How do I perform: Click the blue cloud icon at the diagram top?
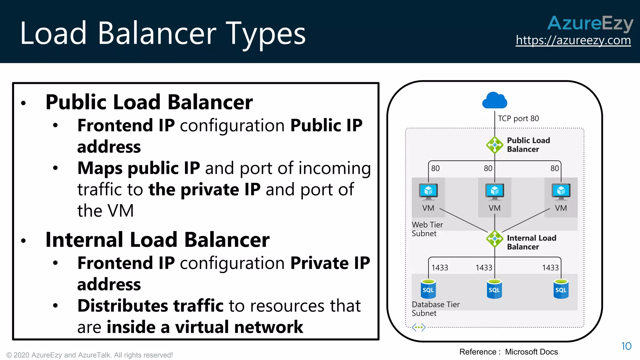(x=494, y=101)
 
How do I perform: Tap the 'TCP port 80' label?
(x=518, y=118)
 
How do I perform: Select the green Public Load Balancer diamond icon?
(x=494, y=145)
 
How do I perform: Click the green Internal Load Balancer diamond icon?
(x=494, y=239)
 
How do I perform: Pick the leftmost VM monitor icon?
(x=428, y=192)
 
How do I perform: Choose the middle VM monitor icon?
(x=494, y=192)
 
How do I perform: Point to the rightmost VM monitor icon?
(x=561, y=192)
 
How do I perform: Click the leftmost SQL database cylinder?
(x=428, y=289)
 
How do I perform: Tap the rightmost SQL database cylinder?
(x=561, y=289)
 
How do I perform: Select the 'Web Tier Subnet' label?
(x=427, y=229)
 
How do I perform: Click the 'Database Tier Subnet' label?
(x=435, y=309)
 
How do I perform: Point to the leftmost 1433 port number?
(x=439, y=268)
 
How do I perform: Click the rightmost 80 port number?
(x=554, y=168)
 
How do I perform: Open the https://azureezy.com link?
(x=573, y=40)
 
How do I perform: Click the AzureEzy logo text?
(x=590, y=23)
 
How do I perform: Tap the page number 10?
(x=626, y=346)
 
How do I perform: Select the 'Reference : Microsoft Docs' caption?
(x=508, y=352)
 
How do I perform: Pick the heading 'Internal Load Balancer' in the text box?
(x=157, y=240)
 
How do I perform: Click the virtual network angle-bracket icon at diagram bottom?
(x=418, y=327)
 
